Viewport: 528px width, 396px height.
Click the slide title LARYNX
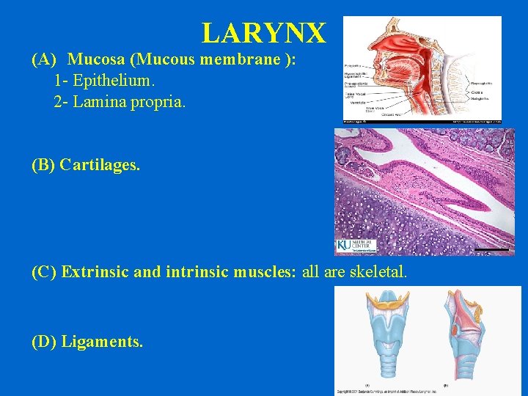coord(263,33)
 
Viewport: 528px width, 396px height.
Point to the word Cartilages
coord(100,165)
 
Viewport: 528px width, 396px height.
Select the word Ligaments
coord(102,341)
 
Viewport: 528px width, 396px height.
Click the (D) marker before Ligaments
coord(44,341)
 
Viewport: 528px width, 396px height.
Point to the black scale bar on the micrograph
coord(491,251)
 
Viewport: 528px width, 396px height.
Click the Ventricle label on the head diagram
coord(358,102)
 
